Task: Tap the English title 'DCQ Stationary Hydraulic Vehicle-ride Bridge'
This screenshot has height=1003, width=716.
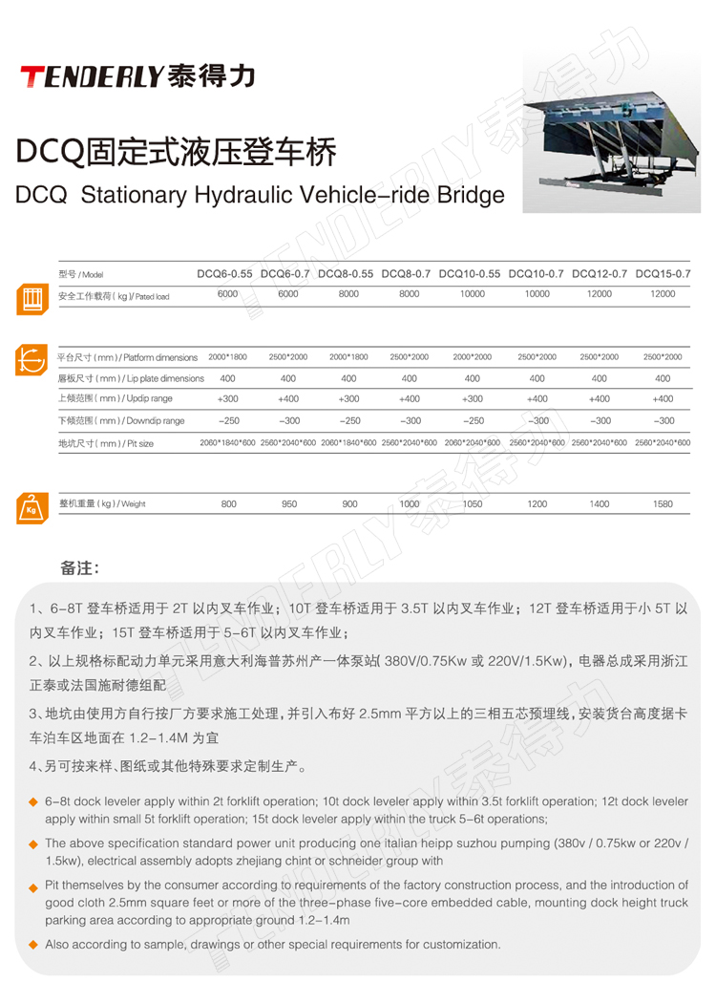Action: (260, 196)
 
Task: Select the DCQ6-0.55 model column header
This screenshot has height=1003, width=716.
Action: (225, 274)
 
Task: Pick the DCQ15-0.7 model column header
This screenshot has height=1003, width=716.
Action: (663, 274)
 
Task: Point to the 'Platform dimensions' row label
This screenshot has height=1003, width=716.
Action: (128, 357)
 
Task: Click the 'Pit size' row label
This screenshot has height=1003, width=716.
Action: (106, 443)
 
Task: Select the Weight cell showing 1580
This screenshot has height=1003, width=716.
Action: (663, 503)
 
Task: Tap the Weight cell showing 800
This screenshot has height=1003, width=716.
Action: (229, 503)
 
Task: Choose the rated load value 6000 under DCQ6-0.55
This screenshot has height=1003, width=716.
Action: (227, 294)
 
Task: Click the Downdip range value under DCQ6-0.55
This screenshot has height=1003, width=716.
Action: (229, 420)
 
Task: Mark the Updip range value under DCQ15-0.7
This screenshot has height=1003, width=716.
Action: (663, 399)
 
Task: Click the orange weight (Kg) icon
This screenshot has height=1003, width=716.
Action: (31, 507)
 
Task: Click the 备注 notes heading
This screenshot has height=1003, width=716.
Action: (79, 568)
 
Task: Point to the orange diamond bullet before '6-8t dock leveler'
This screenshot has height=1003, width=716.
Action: (32, 802)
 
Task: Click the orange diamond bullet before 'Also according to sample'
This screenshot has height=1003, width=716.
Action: (32, 945)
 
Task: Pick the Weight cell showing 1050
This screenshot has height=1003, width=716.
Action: (473, 503)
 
